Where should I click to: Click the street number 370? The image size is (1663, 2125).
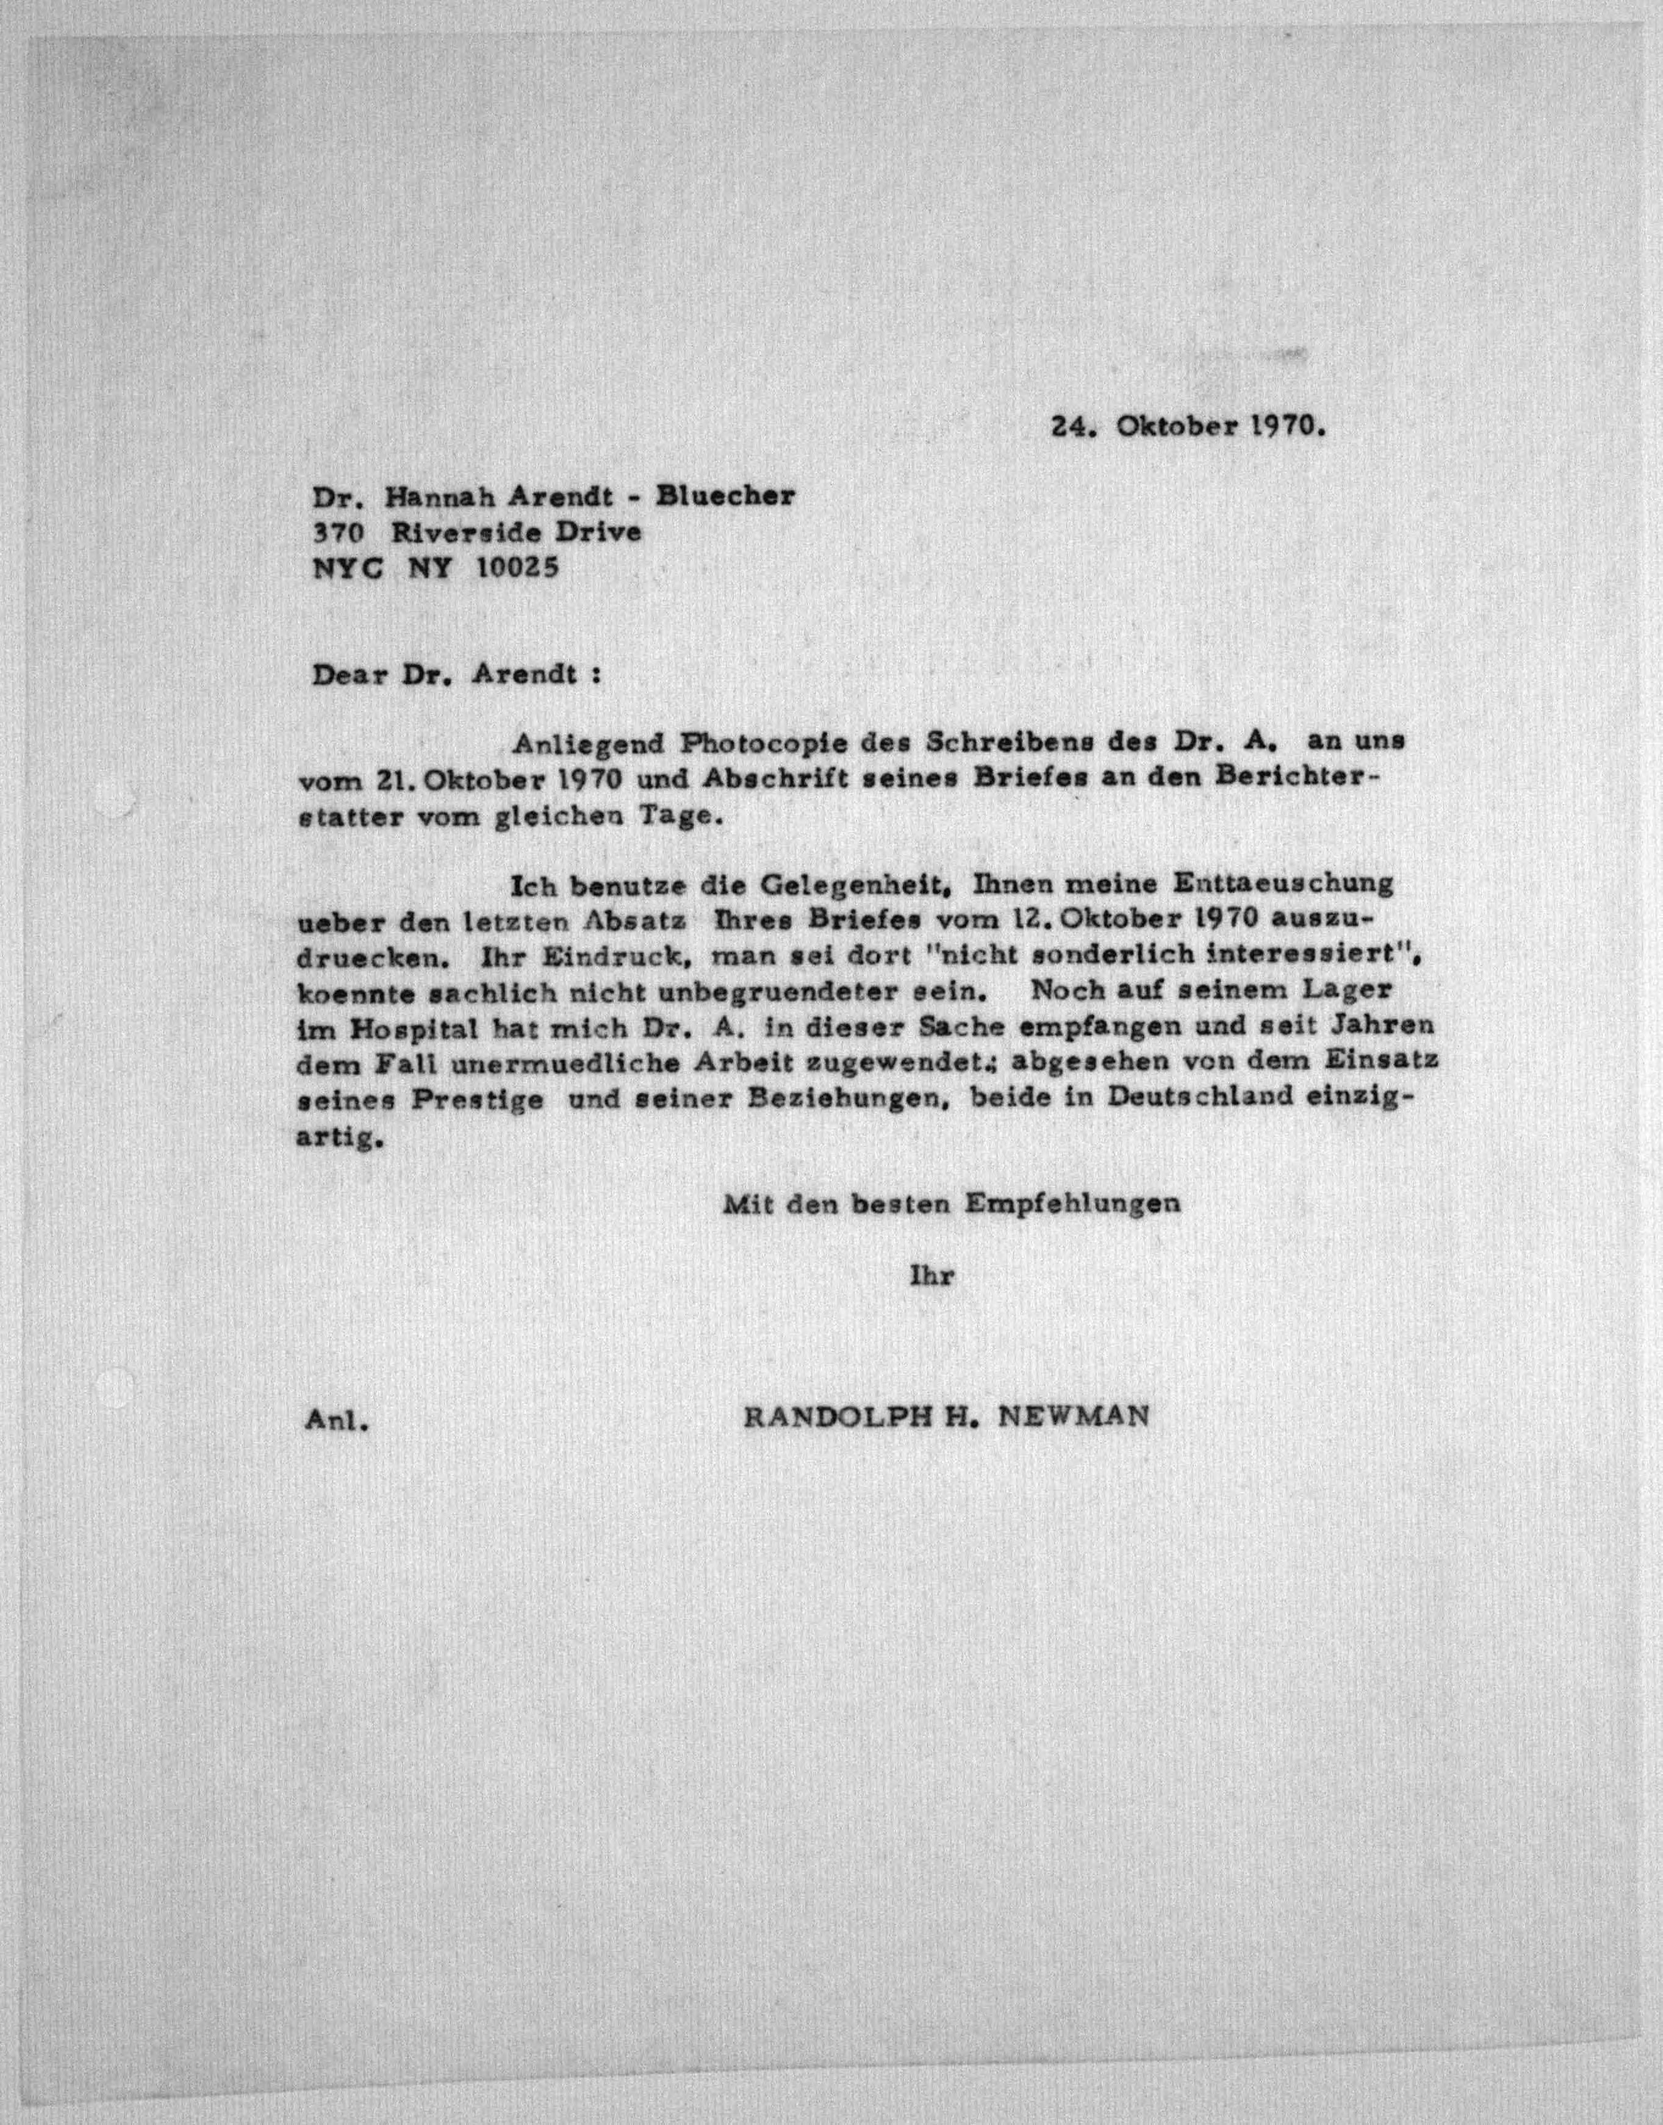(x=337, y=533)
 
